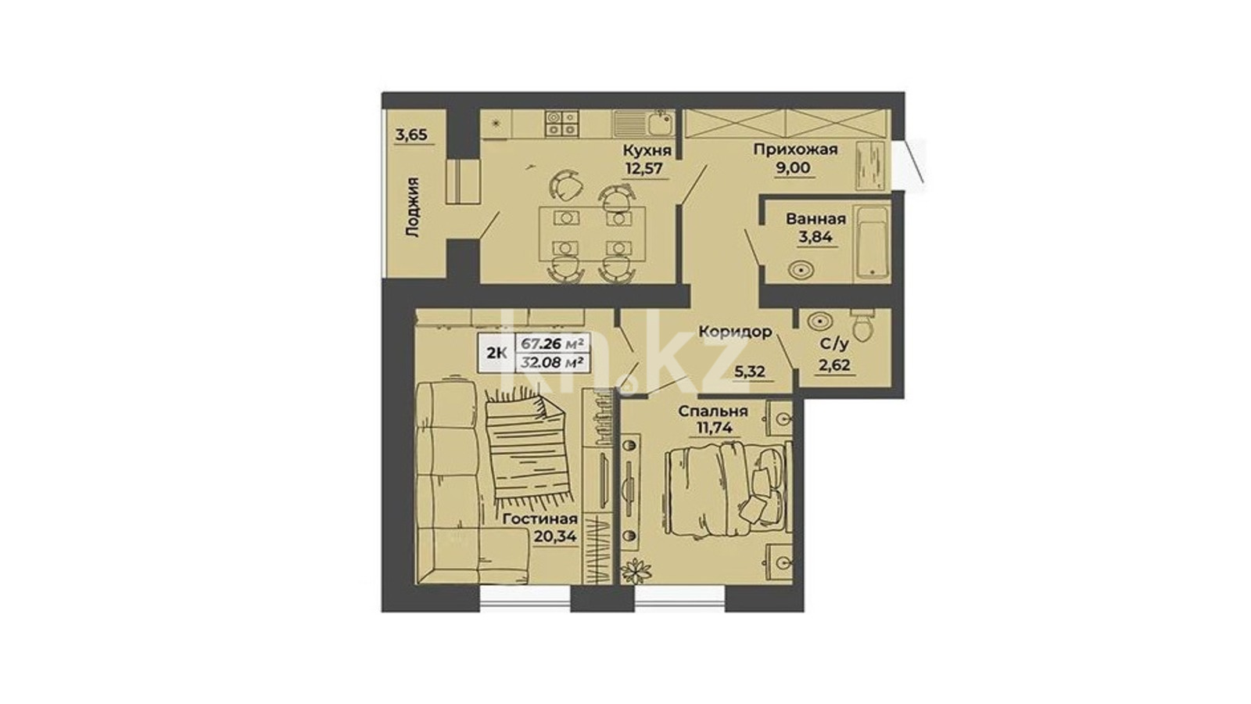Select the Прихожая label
[795, 149]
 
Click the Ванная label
[815, 219]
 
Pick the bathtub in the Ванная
[872, 242]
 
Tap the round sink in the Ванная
[801, 271]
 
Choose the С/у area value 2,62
[834, 365]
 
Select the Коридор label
[736, 332]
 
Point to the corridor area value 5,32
[750, 372]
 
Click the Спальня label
[713, 411]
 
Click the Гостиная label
[540, 519]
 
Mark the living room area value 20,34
[555, 537]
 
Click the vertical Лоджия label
[413, 208]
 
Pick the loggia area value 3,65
[411, 135]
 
